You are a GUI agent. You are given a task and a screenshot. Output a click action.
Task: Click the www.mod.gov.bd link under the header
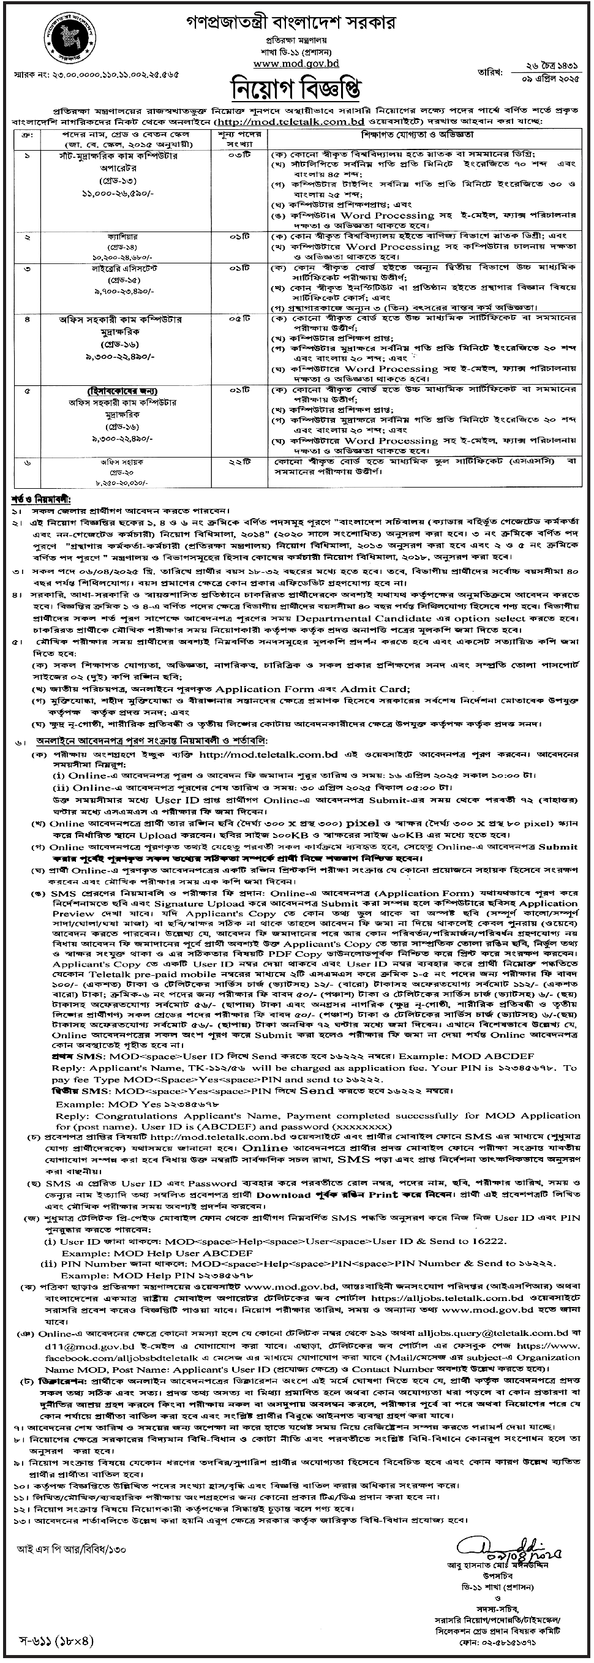click(x=296, y=63)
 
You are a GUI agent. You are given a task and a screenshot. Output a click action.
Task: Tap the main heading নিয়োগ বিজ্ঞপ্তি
click(x=296, y=88)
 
